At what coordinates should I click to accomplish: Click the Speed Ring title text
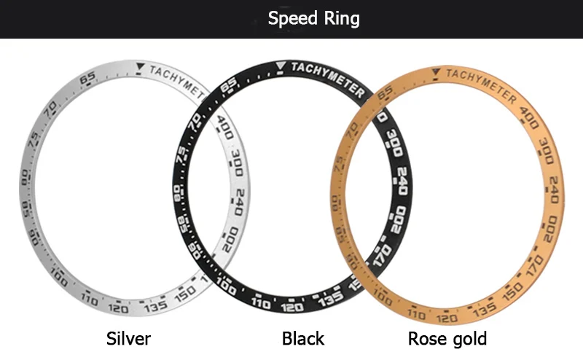pyautogui.click(x=313, y=18)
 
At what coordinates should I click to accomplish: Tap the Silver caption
pyautogui.click(x=128, y=339)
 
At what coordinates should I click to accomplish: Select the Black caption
pyautogui.click(x=303, y=339)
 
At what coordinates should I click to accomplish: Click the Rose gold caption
pyautogui.click(x=447, y=339)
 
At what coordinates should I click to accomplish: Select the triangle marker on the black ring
pyautogui.click(x=282, y=71)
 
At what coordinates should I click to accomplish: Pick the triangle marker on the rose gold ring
pyautogui.click(x=435, y=71)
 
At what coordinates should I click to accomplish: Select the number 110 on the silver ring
pyautogui.click(x=90, y=299)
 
